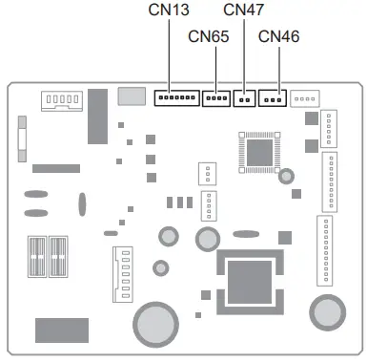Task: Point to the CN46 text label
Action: coord(279,36)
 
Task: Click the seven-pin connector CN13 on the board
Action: coord(176,98)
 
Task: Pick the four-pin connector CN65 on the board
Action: coord(217,98)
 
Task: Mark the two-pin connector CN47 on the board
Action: coord(246,98)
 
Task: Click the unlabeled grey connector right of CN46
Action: coord(305,98)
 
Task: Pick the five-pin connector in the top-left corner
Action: coord(58,100)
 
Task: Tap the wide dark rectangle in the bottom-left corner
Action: coord(62,330)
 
